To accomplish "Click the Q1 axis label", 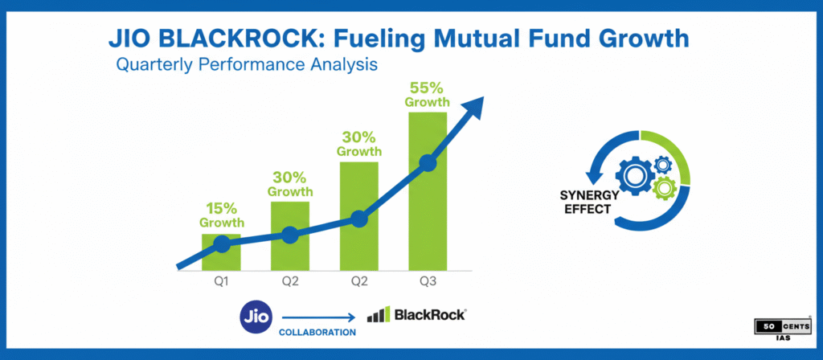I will point(222,282).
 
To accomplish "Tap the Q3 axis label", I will point(428,282).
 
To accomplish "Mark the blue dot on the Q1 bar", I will point(222,243).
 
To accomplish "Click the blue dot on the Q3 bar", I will point(428,163).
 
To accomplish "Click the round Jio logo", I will point(256,315).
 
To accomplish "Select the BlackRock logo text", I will point(428,315).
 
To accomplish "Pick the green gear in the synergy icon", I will point(664,188).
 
